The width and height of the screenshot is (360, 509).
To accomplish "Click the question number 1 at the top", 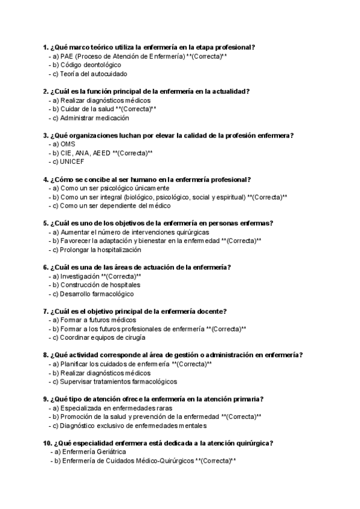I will (46, 47).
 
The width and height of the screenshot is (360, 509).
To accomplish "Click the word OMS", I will (68, 144).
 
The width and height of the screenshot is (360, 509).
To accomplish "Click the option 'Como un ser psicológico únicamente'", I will (110, 188).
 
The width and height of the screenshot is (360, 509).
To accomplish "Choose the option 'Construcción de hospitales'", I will (96, 285).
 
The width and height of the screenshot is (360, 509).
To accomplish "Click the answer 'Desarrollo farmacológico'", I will (93, 294).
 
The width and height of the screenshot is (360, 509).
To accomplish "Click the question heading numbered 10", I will (158, 443).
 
